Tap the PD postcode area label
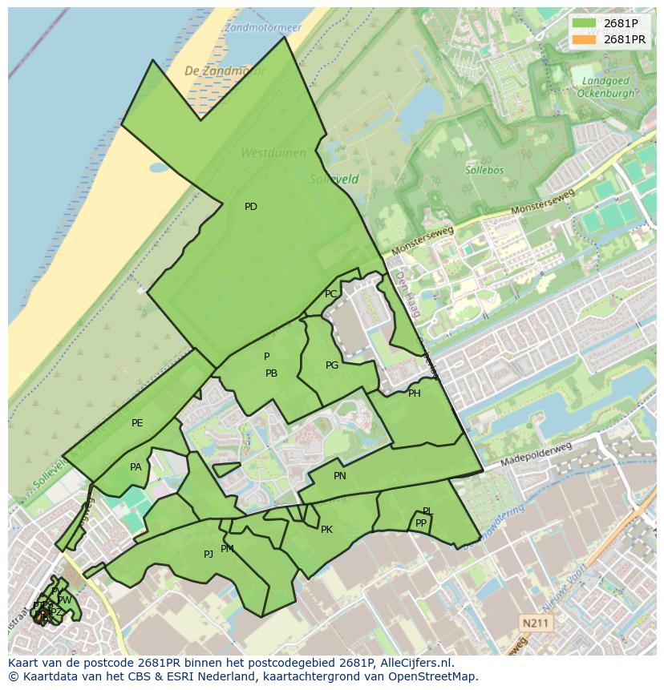click(x=251, y=207)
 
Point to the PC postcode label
click(x=331, y=294)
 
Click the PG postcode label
click(x=332, y=365)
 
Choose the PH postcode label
click(x=414, y=393)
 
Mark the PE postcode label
click(x=137, y=423)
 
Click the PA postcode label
click(x=136, y=467)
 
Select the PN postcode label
click(x=340, y=476)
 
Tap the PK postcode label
click(x=326, y=530)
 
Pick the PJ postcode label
click(x=209, y=554)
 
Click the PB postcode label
click(x=271, y=373)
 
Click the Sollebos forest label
click(x=484, y=170)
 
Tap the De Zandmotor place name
click(x=213, y=71)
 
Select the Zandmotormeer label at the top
click(x=262, y=27)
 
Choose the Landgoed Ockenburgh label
click(x=605, y=87)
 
